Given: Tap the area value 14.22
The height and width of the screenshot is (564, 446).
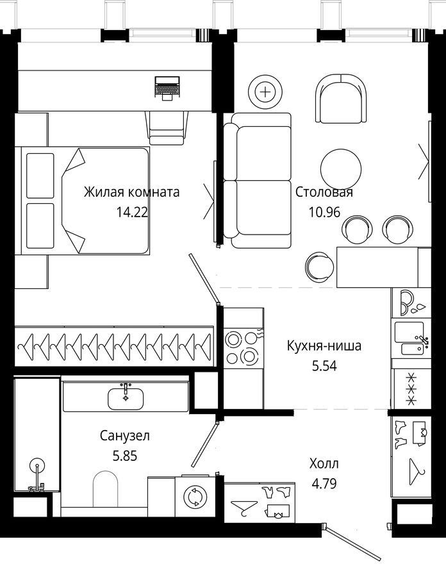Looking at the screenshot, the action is click(x=132, y=212).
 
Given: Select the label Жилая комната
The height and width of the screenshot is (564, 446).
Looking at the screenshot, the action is click(x=131, y=192).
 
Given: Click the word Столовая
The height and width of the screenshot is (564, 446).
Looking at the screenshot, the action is click(x=324, y=192).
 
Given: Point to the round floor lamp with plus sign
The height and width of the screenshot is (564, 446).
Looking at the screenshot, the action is click(x=265, y=92).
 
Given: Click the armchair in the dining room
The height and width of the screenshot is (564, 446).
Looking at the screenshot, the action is click(x=341, y=99).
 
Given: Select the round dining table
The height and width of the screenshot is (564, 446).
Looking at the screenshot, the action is click(x=341, y=169).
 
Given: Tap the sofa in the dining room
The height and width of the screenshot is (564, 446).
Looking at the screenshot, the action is click(x=257, y=180).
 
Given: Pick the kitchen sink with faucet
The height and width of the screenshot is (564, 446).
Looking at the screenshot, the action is click(x=411, y=339).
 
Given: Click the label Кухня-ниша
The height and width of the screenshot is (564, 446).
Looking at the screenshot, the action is click(x=324, y=346).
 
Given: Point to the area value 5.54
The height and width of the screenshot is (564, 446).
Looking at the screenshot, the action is click(x=324, y=366).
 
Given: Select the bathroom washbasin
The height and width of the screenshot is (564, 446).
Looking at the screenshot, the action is click(x=126, y=397).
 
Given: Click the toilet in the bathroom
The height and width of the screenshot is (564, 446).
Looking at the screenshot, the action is click(x=105, y=488).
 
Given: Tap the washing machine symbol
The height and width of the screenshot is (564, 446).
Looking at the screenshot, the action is click(x=195, y=497).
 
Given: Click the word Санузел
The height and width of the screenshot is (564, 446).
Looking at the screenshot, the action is click(x=125, y=436).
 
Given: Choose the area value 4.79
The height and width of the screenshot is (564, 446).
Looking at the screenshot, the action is click(x=324, y=484).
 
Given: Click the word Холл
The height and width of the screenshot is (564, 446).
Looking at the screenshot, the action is click(x=324, y=463).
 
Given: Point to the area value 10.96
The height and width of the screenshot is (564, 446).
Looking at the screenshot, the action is click(x=324, y=212).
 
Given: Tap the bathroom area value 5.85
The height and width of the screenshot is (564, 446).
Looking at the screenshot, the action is click(x=125, y=456).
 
